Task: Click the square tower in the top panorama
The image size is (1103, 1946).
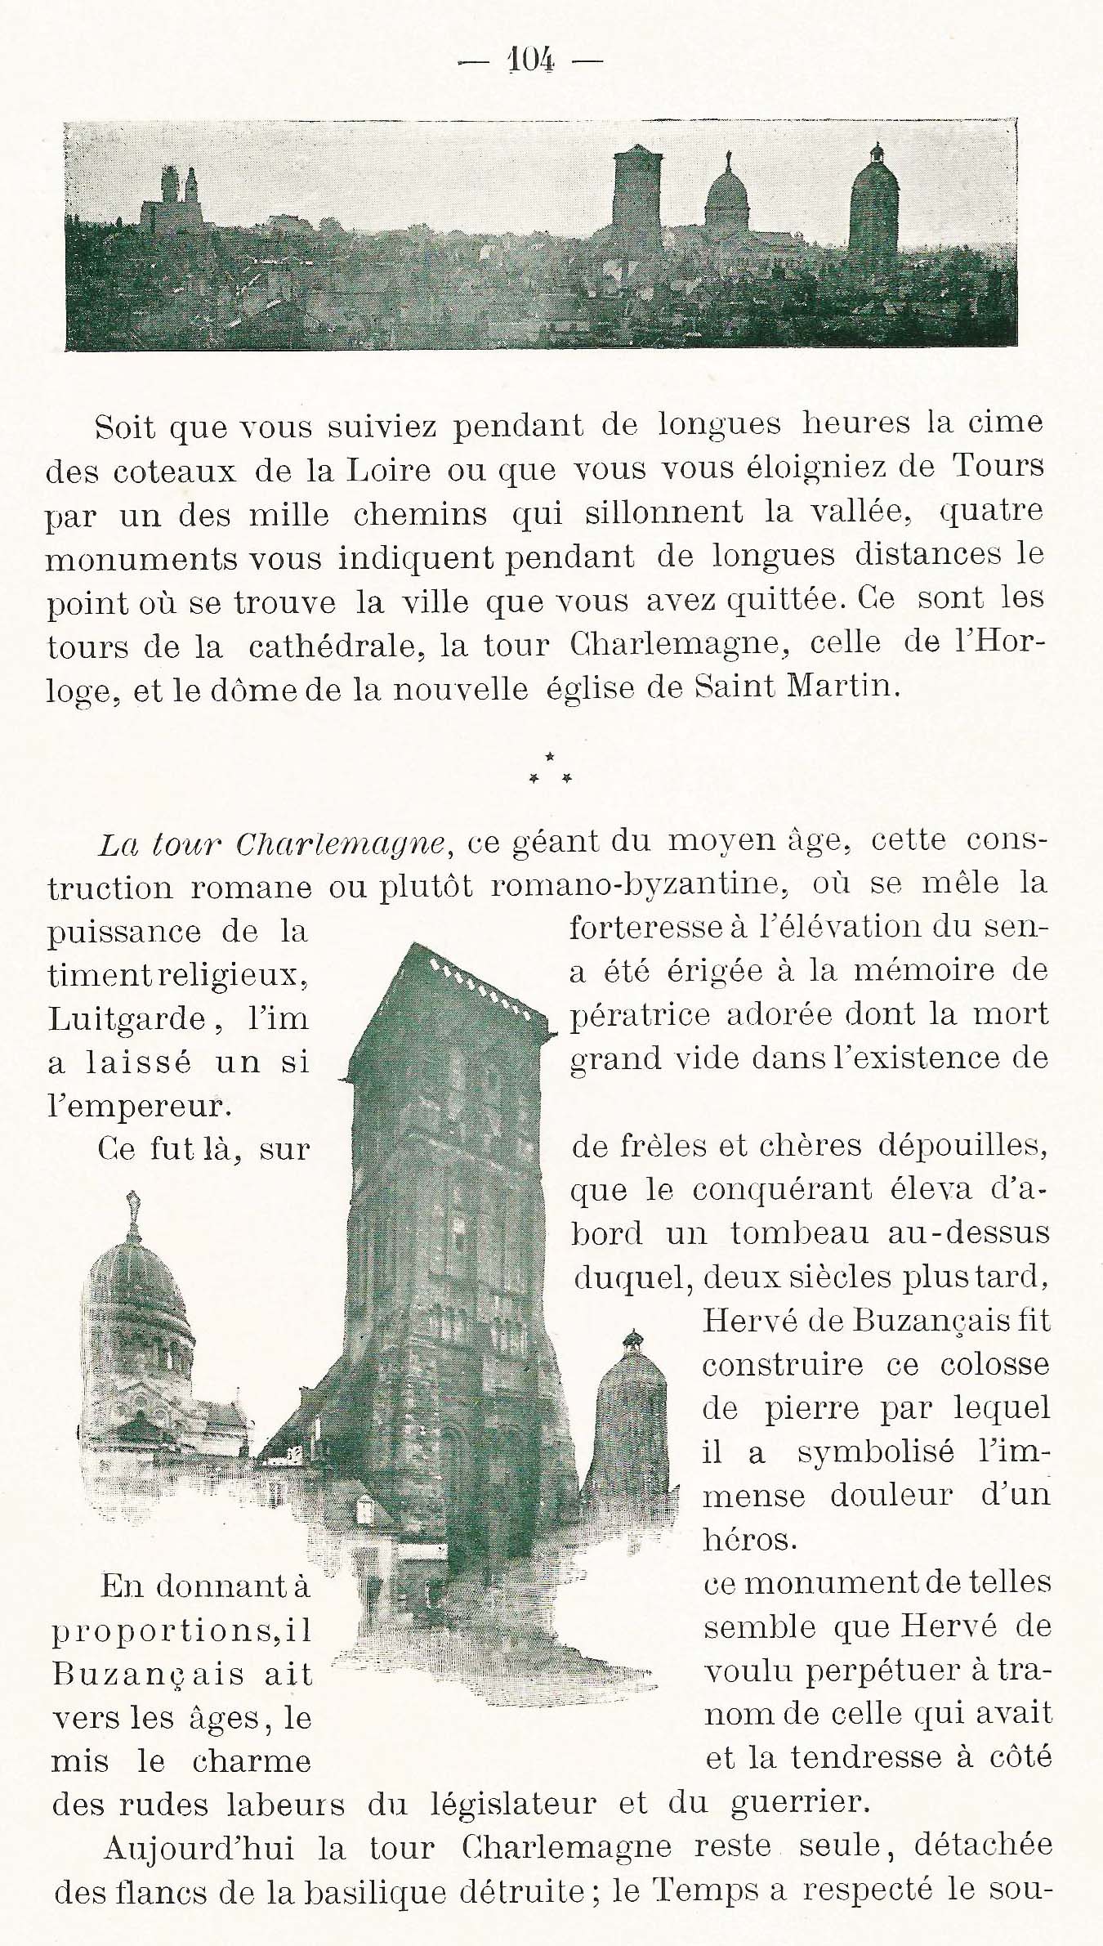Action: pyautogui.click(x=638, y=192)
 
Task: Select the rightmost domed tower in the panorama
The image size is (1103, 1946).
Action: pyautogui.click(x=874, y=200)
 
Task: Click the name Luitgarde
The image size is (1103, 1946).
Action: pyautogui.click(x=127, y=1019)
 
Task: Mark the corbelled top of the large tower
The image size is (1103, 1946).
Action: pyautogui.click(x=474, y=981)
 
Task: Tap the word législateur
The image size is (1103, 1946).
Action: pyautogui.click(x=481, y=1804)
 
